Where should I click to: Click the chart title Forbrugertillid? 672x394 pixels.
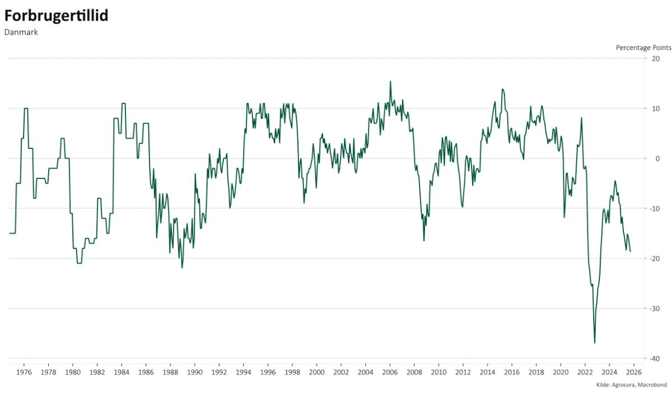[x=56, y=16]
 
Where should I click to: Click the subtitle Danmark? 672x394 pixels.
[x=21, y=32]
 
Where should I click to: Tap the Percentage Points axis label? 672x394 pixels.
[x=643, y=48]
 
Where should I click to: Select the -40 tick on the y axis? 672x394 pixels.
[x=655, y=358]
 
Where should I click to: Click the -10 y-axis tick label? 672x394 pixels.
[x=655, y=208]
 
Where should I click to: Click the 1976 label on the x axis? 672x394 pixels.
[x=24, y=372]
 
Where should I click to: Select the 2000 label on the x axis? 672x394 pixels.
[x=317, y=372]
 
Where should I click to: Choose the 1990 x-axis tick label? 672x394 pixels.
[x=195, y=372]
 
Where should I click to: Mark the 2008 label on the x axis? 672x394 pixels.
[x=414, y=372]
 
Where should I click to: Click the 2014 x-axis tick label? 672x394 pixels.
[x=487, y=372]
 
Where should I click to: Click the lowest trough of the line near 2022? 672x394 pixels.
[x=595, y=343]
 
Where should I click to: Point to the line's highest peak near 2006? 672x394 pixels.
[x=390, y=81]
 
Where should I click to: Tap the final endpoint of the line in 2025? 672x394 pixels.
[x=630, y=251]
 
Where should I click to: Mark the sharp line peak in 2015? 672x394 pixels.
[x=502, y=89]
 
